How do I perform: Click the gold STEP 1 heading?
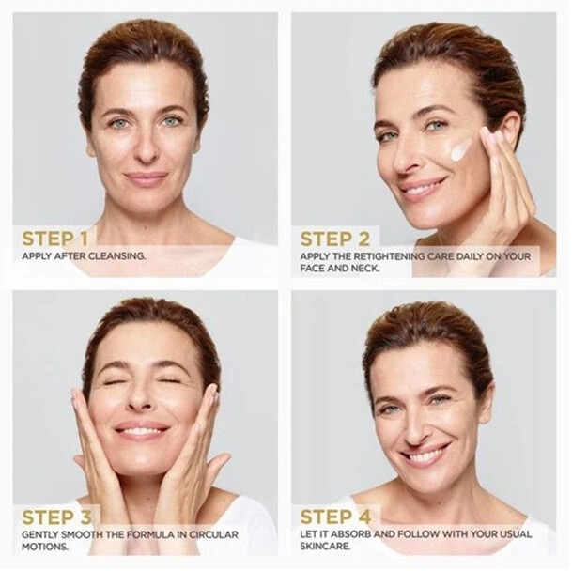55,239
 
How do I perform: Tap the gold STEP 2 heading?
335,239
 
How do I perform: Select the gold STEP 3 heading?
56,517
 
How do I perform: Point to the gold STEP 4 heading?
335,517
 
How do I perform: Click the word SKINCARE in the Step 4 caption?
325,547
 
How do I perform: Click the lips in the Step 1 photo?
146,178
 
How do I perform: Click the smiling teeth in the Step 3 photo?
141,432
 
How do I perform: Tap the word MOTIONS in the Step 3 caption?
45,547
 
